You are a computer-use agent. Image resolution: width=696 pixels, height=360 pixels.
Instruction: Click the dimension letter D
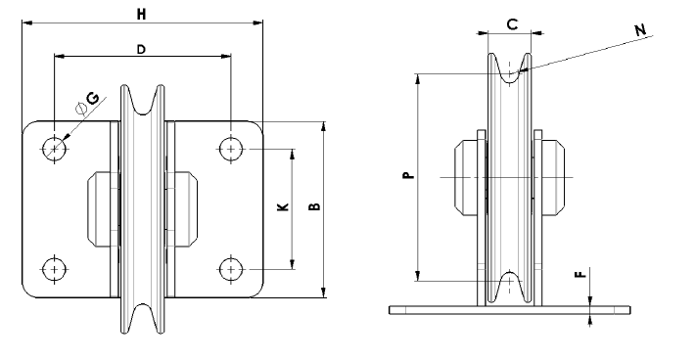click(x=142, y=48)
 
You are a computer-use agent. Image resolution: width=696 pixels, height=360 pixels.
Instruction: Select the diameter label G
click(x=91, y=99)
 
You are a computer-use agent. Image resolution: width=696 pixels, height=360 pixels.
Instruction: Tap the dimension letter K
click(x=282, y=207)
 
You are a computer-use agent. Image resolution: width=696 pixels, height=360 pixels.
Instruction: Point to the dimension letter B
click(x=313, y=207)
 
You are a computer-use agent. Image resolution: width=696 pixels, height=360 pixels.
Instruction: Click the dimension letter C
click(x=510, y=24)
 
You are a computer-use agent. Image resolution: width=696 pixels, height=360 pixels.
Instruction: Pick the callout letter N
click(x=640, y=30)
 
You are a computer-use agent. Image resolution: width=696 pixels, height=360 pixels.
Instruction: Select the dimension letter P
click(x=408, y=176)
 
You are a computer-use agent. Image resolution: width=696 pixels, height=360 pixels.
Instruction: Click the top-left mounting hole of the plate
click(x=55, y=148)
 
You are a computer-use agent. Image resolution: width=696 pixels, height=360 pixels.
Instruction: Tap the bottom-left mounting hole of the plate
click(x=55, y=268)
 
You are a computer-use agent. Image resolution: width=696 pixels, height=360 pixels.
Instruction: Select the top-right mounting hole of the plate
click(x=230, y=148)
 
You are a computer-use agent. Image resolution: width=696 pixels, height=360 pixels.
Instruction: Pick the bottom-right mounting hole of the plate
click(x=230, y=268)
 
